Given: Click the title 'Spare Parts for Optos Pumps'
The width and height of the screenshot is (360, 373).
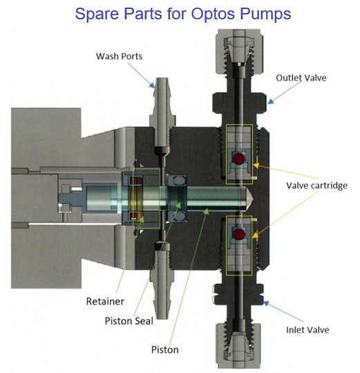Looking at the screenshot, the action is point(182,14).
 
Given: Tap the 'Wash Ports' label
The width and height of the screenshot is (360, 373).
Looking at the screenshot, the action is point(119,57).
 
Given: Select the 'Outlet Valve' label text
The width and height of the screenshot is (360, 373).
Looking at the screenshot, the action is point(301,78).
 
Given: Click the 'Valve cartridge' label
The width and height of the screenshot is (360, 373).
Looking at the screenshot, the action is point(316,186).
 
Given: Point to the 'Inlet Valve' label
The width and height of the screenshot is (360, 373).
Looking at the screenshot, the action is point(307,330).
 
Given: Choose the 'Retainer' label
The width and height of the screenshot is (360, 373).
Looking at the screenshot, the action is point(105,301).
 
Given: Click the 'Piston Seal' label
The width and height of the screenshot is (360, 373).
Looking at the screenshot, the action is point(129,321).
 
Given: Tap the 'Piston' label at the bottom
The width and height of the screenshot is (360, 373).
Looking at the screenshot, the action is point(165,350).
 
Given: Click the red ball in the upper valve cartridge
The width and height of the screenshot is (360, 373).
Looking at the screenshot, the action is point(238,158).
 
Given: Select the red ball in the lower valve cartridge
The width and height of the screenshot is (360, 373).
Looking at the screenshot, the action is point(238,234).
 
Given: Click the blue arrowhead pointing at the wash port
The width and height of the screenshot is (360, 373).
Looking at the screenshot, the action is point(152,85).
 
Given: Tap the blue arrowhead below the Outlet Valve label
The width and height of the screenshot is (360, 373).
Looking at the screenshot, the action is point(271,102).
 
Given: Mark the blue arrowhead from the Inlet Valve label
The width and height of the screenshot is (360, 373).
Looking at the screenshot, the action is point(266,303).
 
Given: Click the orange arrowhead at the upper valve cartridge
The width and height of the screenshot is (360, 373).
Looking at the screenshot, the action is point(256,165).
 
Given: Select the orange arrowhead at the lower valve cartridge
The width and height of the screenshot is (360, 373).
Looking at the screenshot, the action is point(255,235).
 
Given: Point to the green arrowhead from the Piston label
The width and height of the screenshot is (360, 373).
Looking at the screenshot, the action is point(207,211).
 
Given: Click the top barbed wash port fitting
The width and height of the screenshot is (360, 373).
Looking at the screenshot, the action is point(162,111).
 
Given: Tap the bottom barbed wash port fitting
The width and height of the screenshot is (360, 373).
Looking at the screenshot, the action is point(162,283).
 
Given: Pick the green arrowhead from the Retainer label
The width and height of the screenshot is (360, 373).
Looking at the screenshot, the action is point(142,219).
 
